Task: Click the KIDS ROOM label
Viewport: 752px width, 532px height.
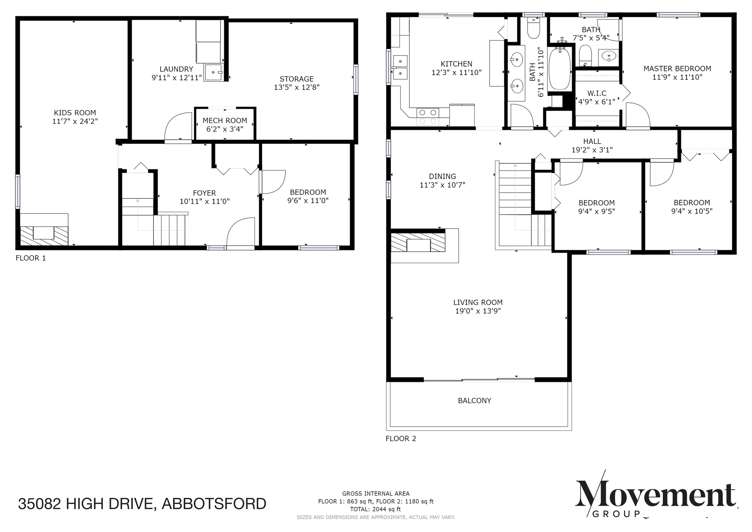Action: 75,113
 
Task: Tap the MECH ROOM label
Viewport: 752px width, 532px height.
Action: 225,121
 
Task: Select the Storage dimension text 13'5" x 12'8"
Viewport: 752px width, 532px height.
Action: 296,87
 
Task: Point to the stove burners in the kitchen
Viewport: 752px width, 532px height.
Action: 428,117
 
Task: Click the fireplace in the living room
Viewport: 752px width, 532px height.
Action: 418,243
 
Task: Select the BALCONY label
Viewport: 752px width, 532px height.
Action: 474,401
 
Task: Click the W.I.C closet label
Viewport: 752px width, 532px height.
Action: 597,93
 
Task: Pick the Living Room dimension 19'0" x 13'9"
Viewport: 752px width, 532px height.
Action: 478,311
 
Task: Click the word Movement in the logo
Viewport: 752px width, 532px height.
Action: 656,494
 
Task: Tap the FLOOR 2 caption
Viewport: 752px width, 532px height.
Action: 401,439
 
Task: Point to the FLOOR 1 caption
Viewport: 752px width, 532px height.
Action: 31,258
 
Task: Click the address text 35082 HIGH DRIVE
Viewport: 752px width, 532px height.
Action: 87,504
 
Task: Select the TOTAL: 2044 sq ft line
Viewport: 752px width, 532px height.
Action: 376,509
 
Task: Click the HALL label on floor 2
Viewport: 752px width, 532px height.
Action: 592,141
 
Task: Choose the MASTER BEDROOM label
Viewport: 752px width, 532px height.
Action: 677,69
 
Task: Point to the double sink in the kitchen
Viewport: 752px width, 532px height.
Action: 400,67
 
